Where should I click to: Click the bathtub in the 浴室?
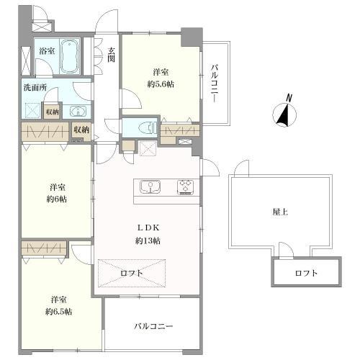coord(70,56)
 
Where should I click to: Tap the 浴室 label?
coord(47,51)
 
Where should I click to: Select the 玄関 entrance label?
coord(112,55)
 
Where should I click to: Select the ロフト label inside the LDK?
coord(131,273)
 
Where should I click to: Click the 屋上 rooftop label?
coord(281,212)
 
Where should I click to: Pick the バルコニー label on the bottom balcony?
coord(153,326)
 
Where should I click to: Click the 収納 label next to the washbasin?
coord(51,112)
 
